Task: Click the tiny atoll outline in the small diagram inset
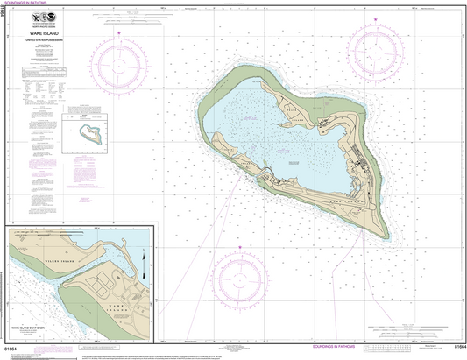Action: [90, 134]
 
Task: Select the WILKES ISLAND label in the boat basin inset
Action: [58, 261]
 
